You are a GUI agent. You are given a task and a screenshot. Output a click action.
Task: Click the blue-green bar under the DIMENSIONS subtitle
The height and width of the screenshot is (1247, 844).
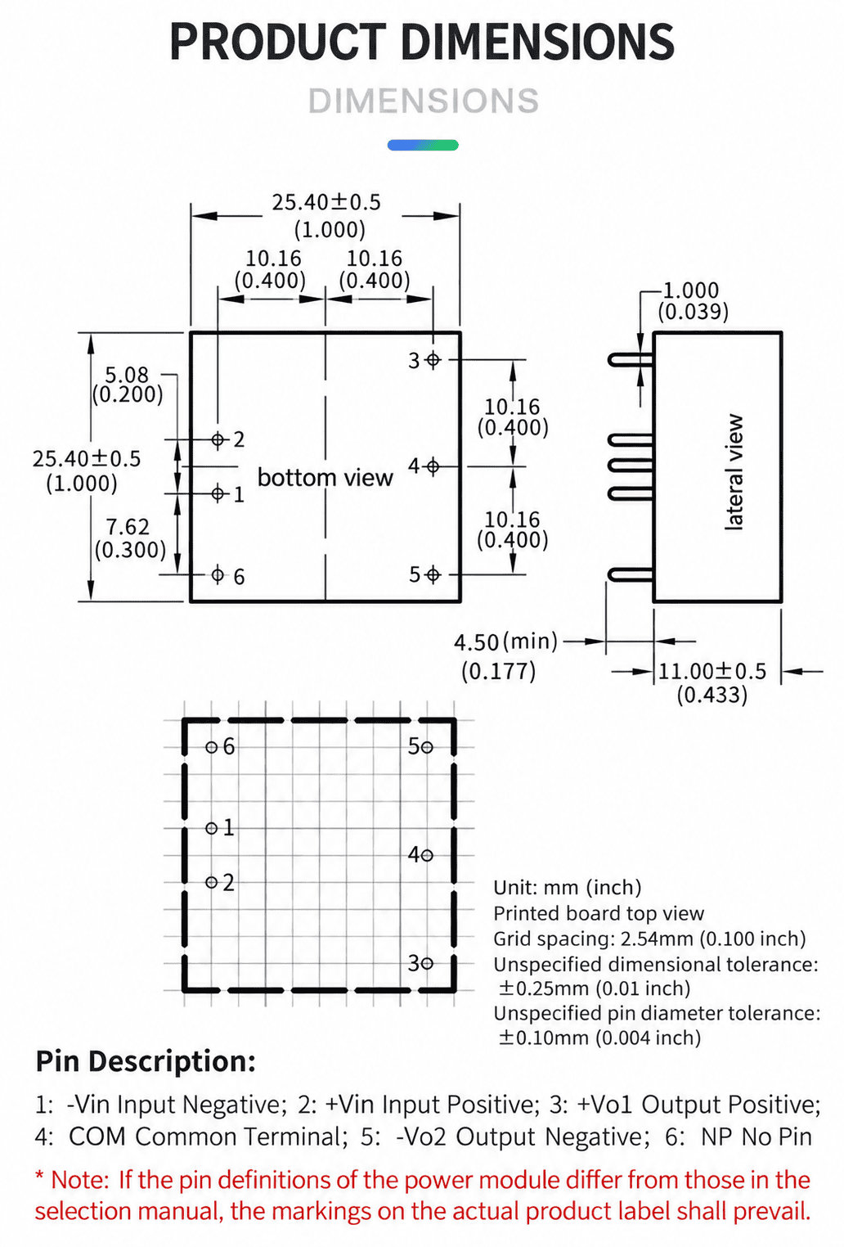pyautogui.click(x=423, y=146)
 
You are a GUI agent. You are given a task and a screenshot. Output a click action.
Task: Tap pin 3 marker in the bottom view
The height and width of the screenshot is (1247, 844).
pyautogui.click(x=433, y=360)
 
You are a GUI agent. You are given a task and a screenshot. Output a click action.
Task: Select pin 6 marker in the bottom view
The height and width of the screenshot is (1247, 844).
pyautogui.click(x=218, y=574)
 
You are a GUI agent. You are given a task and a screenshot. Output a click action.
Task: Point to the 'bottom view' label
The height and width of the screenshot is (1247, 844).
pyautogui.click(x=325, y=478)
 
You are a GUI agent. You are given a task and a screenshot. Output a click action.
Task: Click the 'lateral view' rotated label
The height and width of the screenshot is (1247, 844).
pyautogui.click(x=734, y=471)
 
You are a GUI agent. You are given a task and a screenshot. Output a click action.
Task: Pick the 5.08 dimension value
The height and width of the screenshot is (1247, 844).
pyautogui.click(x=127, y=374)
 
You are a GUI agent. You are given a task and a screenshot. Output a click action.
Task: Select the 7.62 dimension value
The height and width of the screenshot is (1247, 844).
pyautogui.click(x=128, y=527)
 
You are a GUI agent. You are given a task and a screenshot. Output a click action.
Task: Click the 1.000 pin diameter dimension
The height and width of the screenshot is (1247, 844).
pyautogui.click(x=691, y=290)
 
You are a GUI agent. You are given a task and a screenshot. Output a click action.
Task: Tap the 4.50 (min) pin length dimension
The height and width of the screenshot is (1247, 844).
pyautogui.click(x=505, y=642)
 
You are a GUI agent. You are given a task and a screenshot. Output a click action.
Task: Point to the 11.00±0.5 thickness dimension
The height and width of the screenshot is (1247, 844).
pyautogui.click(x=712, y=672)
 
